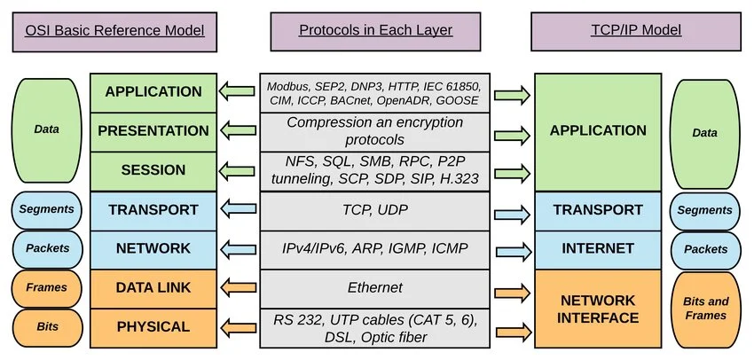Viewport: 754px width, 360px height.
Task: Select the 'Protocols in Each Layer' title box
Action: [x=375, y=30]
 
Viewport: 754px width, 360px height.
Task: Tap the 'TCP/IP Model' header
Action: [x=636, y=30]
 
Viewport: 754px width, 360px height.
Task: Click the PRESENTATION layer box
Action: [x=153, y=130]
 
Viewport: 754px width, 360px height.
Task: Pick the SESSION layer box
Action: [x=153, y=169]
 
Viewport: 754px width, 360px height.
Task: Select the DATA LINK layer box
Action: [x=153, y=287]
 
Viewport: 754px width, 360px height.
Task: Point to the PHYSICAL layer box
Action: [x=153, y=327]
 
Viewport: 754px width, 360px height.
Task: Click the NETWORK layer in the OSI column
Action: [x=153, y=248]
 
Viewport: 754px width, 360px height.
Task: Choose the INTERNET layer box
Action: [x=596, y=248]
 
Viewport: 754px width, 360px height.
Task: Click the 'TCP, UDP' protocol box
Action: [x=375, y=210]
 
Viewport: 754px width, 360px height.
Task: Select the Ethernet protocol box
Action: [x=375, y=287]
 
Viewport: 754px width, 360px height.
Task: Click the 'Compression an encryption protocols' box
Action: [x=375, y=131]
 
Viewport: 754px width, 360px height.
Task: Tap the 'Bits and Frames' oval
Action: [x=704, y=309]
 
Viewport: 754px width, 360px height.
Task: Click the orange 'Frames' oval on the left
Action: [x=47, y=288]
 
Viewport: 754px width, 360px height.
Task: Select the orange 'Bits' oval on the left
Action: [x=47, y=327]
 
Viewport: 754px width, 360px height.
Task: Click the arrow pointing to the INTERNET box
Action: [x=513, y=249]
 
